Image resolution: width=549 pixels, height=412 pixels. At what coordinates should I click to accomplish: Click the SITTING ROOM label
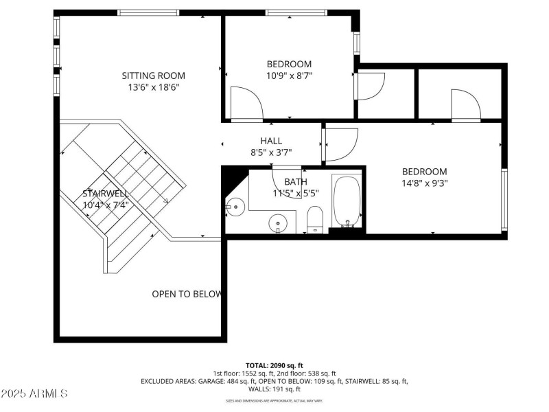[x=153, y=76]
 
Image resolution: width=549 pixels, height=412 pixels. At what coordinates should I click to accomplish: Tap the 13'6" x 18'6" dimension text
[x=153, y=87]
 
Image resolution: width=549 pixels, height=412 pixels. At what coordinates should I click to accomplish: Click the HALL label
[x=271, y=141]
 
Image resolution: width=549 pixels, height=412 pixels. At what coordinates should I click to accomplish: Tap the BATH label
[x=295, y=181]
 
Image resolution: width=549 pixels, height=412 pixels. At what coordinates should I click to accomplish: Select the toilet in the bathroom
[x=315, y=218]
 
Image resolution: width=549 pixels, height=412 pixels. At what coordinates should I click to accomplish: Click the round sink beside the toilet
[x=278, y=222]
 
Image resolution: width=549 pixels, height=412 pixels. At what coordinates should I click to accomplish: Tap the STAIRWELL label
[x=106, y=194]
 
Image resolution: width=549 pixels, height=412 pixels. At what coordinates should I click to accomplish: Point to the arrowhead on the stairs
[x=165, y=201]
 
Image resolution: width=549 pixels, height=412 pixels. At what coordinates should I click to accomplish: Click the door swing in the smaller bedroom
[x=246, y=103]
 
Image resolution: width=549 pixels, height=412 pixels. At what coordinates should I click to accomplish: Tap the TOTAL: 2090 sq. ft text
[x=274, y=365]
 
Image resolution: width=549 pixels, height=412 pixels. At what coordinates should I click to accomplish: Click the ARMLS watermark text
[x=34, y=394]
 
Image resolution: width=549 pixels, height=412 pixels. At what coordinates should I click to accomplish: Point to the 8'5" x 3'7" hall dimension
[x=271, y=152]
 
